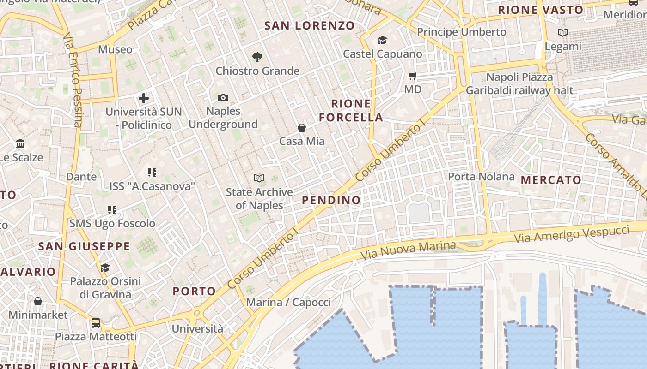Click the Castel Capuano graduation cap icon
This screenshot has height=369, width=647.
(382, 41)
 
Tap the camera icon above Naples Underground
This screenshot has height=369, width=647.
(223, 97)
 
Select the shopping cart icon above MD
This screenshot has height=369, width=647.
(413, 76)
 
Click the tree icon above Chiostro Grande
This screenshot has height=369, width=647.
(257, 57)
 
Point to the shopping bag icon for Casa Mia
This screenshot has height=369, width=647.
(302, 127)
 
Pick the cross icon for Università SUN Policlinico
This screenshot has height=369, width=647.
(144, 98)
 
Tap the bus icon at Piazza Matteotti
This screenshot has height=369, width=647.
(96, 322)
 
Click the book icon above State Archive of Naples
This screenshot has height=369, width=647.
(259, 178)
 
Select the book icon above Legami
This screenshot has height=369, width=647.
(562, 32)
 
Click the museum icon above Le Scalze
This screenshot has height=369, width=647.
(20, 144)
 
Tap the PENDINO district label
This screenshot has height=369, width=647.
(331, 200)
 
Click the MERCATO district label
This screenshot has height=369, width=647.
(551, 180)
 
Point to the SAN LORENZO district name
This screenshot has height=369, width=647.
(310, 26)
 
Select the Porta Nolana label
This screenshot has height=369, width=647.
(481, 176)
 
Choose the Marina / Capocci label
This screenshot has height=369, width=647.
(288, 302)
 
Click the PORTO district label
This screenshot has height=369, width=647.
(194, 291)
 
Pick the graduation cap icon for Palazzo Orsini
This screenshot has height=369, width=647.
(105, 268)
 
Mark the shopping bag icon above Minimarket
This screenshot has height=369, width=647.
(38, 301)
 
